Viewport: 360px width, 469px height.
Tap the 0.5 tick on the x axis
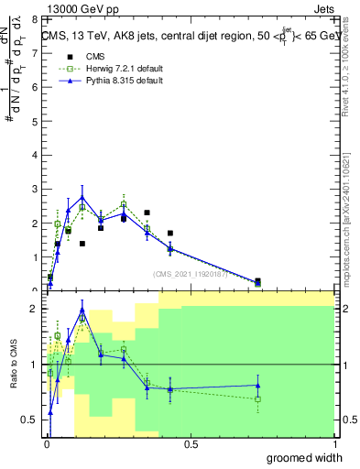pyautogui.click(x=191, y=445)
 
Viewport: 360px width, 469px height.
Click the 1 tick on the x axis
pyautogui.click(x=334, y=445)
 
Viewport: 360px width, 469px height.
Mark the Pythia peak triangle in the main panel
pyautogui.click(x=82, y=196)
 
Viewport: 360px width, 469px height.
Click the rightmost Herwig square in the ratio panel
pyautogui.click(x=257, y=398)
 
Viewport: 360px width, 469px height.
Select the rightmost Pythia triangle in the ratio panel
pyautogui.click(x=257, y=385)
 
